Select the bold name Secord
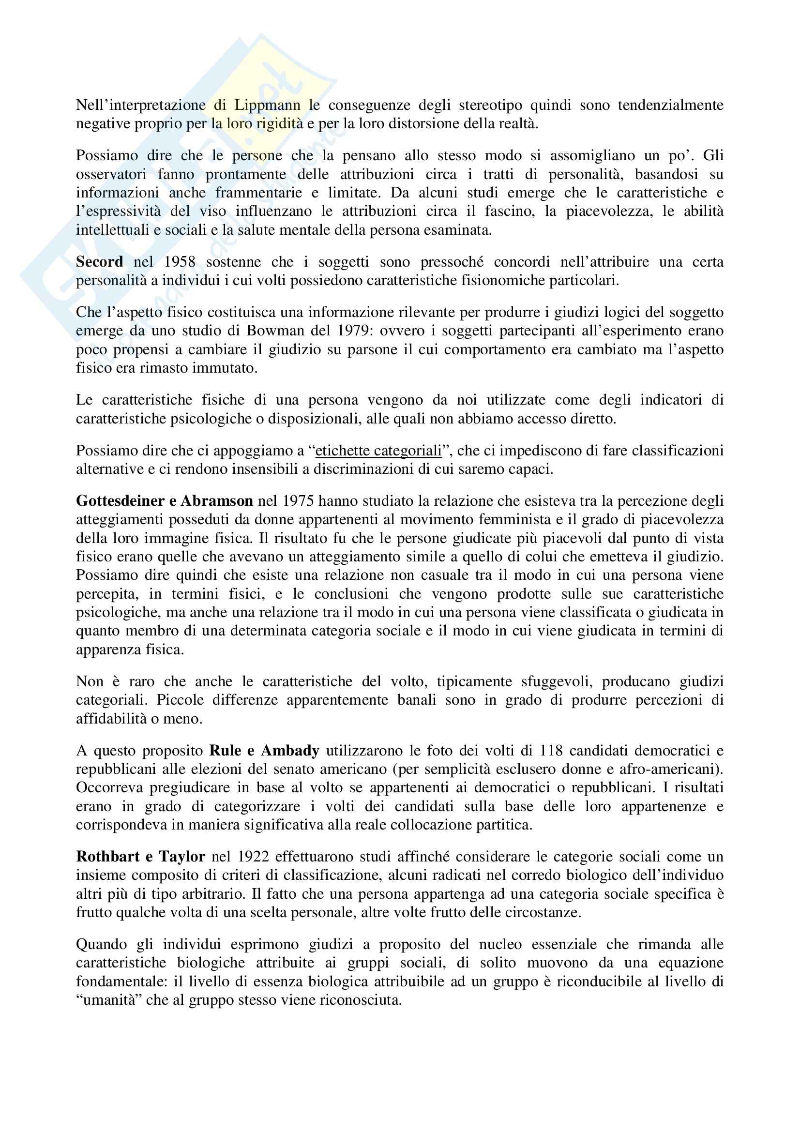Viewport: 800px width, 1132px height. (x=100, y=262)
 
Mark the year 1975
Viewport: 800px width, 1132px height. (x=298, y=501)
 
